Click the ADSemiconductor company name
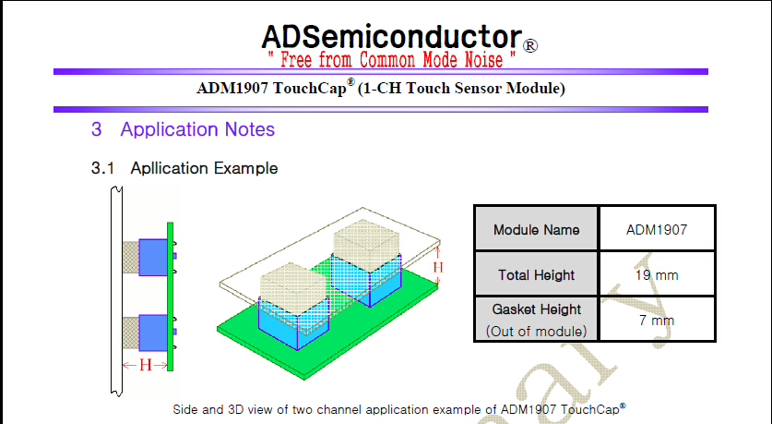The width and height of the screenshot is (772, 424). click(391, 36)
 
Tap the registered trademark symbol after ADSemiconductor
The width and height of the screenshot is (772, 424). click(530, 44)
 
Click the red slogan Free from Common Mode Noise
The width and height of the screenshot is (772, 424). click(391, 60)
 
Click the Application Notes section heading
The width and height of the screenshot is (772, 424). click(197, 129)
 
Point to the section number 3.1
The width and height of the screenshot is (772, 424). click(102, 169)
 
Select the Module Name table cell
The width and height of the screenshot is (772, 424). click(536, 229)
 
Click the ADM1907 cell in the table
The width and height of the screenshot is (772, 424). click(656, 229)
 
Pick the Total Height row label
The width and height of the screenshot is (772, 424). click(536, 274)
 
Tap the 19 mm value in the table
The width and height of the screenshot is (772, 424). click(656, 274)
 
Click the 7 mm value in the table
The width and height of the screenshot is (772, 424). click(656, 320)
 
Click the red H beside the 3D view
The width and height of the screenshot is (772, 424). click(438, 267)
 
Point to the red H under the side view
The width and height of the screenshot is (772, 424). click(145, 365)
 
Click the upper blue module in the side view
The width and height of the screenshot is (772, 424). click(152, 256)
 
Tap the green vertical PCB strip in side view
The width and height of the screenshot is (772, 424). click(171, 296)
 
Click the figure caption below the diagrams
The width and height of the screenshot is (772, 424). click(399, 407)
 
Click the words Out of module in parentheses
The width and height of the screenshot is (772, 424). click(536, 331)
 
